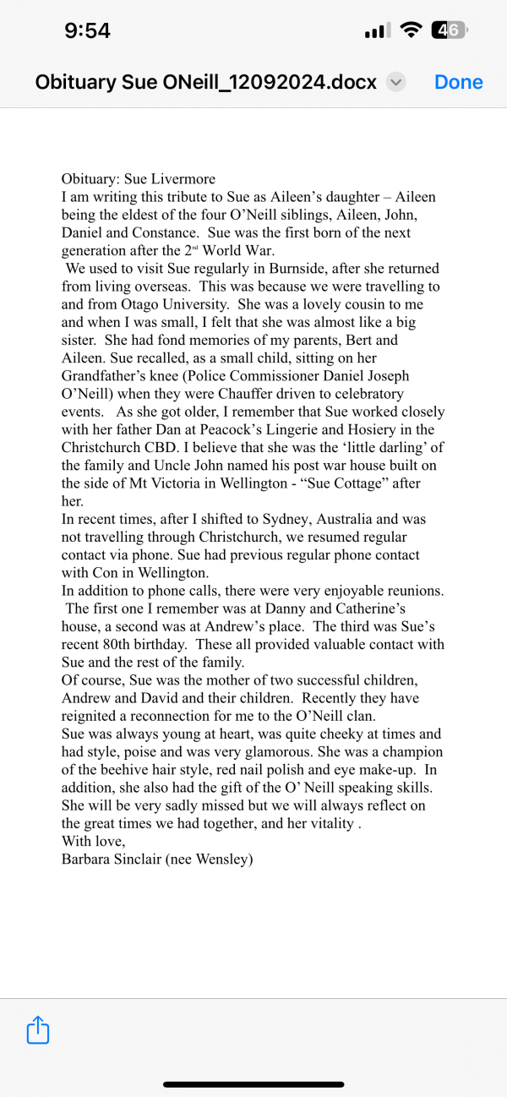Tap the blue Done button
pyautogui.click(x=458, y=82)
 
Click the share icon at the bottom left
pyautogui.click(x=38, y=1029)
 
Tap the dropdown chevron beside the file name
pyautogui.click(x=395, y=82)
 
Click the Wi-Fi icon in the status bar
pyautogui.click(x=412, y=31)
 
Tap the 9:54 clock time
pyautogui.click(x=87, y=31)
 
